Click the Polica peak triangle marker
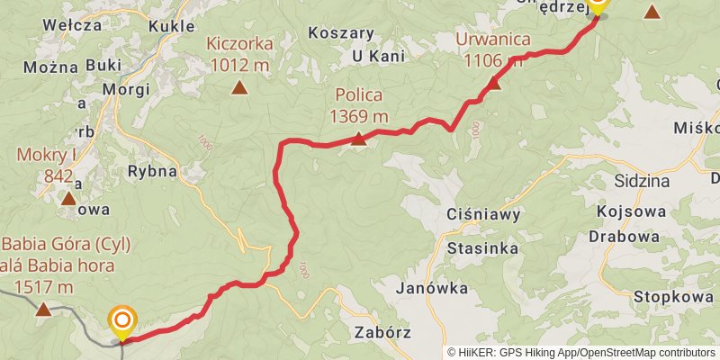[x=358, y=138]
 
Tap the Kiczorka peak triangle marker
[x=239, y=87]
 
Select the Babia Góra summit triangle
[x=43, y=310]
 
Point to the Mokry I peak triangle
[x=68, y=198]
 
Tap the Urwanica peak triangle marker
[x=494, y=84]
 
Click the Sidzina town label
[x=642, y=180]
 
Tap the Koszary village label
[x=340, y=32]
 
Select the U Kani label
[x=377, y=58]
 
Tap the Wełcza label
[x=71, y=25]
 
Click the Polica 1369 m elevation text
[x=358, y=116]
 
